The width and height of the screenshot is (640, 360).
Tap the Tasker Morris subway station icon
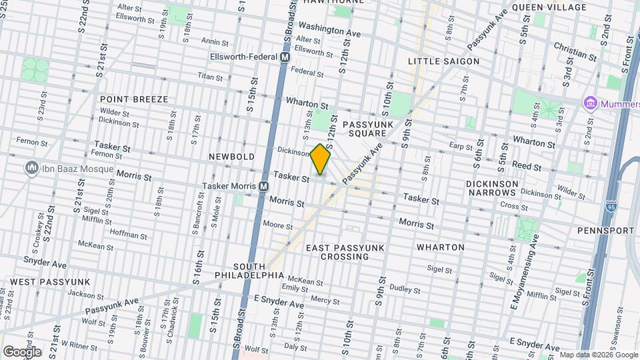[264, 187]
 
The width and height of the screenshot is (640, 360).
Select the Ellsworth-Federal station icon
[285, 58]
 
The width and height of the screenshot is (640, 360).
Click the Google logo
[22, 351]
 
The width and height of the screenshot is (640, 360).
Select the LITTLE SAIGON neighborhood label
[443, 61]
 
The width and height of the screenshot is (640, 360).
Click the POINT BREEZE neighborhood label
[134, 99]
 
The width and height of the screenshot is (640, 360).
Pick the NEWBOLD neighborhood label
[231, 156]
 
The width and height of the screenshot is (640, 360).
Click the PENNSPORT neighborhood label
[606, 230]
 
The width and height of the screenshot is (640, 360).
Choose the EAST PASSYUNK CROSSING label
[345, 252]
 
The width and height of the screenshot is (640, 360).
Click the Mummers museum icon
[590, 103]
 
